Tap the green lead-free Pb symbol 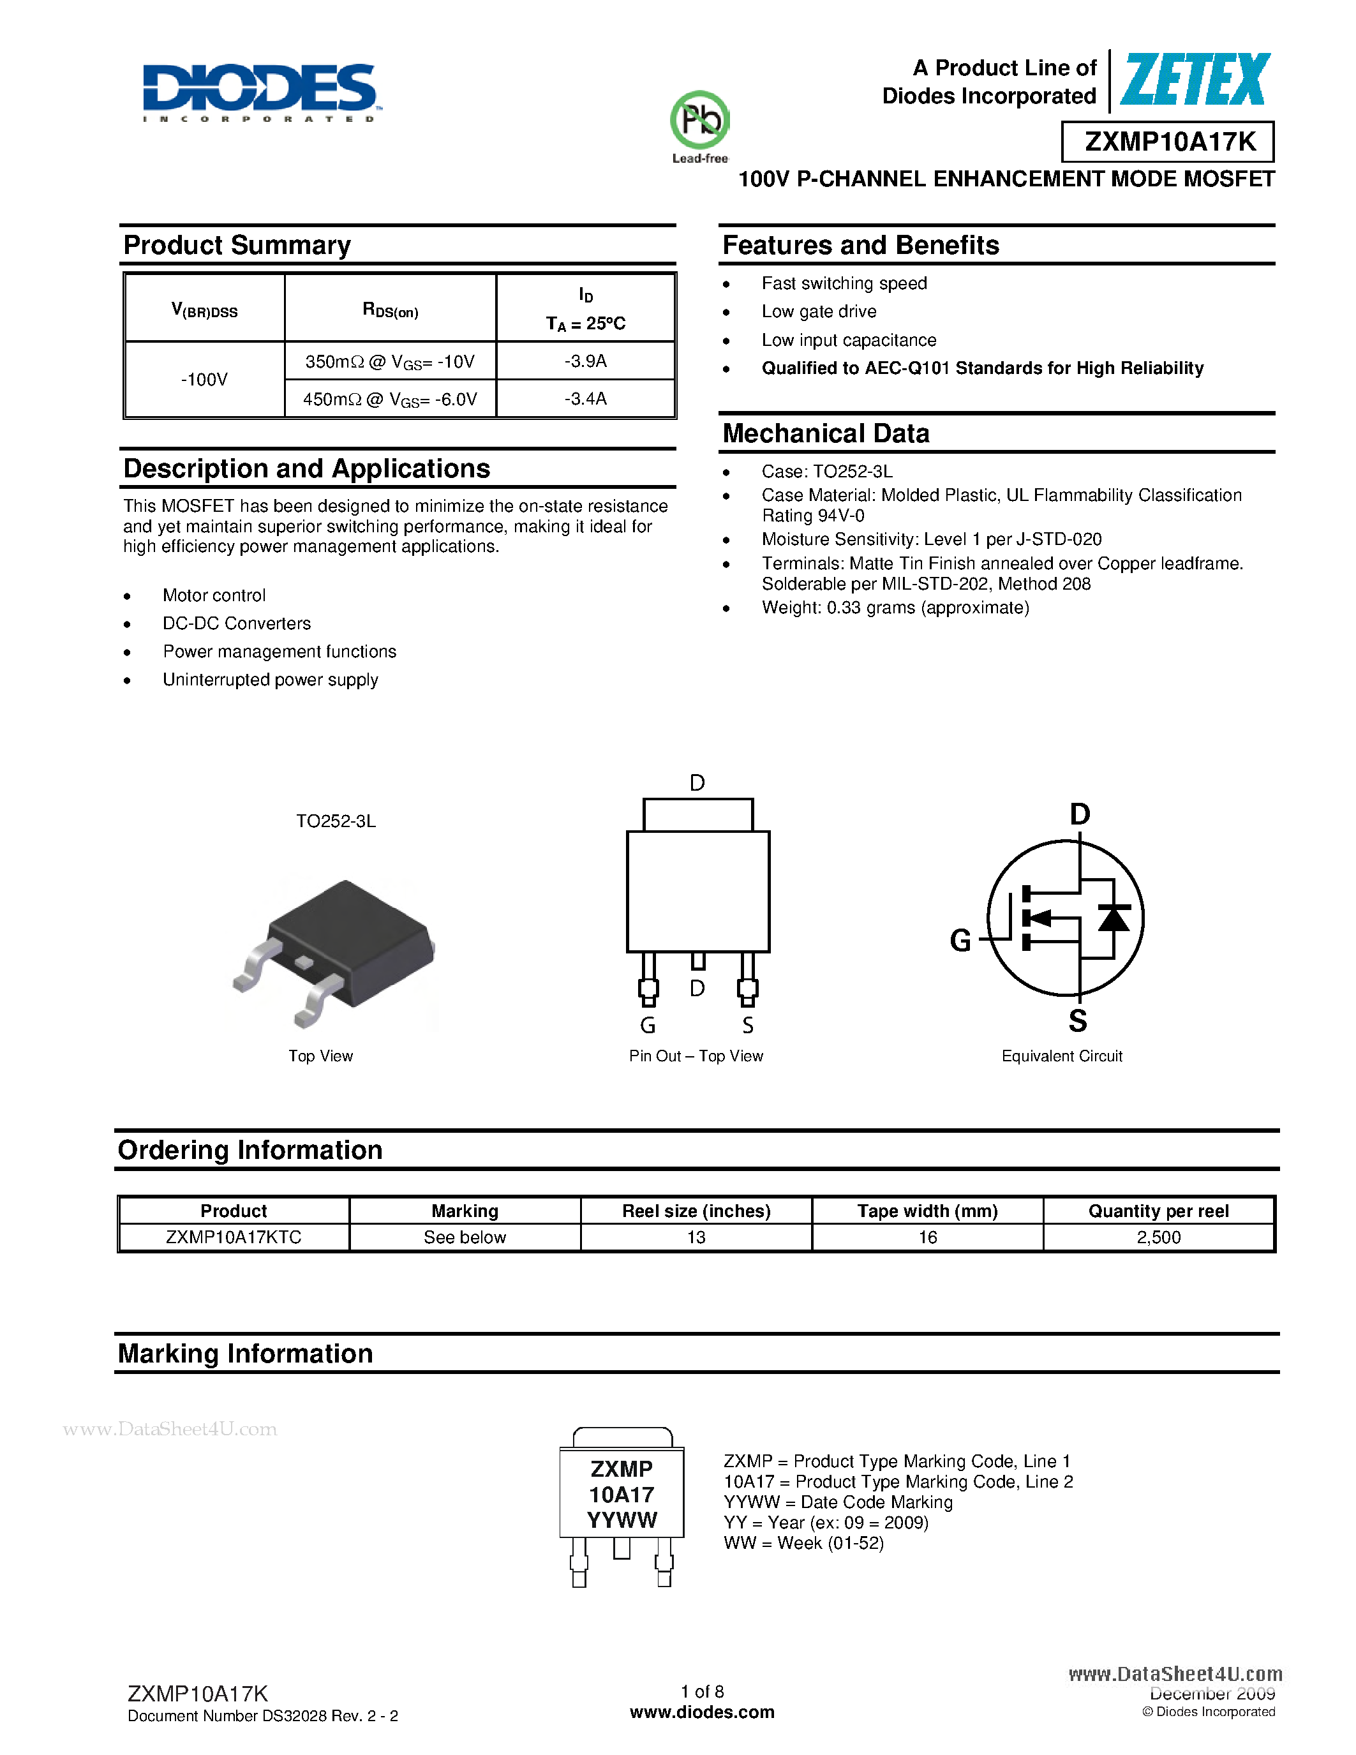click(699, 121)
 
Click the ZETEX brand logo click(1195, 80)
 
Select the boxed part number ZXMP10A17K click(1169, 142)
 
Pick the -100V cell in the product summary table click(205, 379)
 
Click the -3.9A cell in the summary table click(586, 361)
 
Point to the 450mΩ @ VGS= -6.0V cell click(391, 400)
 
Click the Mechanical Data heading click(826, 434)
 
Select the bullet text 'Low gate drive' click(819, 312)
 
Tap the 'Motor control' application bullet click(214, 595)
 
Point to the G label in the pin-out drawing click(648, 1026)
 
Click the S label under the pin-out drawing click(748, 1026)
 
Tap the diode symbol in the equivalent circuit click(1114, 918)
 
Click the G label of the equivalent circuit click(960, 940)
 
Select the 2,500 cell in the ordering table click(1158, 1237)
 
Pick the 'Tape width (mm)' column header click(927, 1211)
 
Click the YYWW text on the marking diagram click(622, 1520)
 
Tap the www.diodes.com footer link click(702, 1712)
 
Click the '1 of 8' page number click(702, 1692)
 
